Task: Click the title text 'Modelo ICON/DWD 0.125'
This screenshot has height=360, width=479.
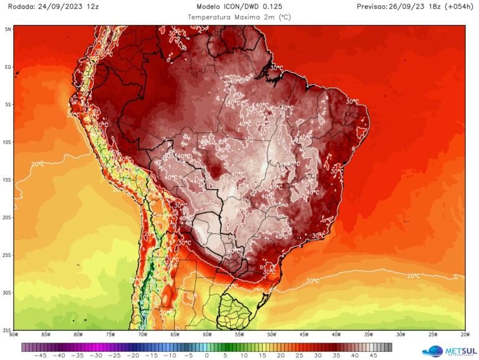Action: [239, 6]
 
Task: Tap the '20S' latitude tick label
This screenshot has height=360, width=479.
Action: [7, 217]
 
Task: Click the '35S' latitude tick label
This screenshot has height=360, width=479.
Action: [7, 329]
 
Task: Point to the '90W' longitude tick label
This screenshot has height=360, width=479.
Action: [14, 334]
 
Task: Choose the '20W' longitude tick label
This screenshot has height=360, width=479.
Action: [465, 334]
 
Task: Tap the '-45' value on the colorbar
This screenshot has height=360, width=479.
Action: [41, 356]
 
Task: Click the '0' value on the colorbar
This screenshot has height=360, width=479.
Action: [208, 356]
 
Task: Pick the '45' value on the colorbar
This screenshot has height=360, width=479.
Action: [374, 356]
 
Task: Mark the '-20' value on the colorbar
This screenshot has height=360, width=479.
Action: [133, 356]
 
